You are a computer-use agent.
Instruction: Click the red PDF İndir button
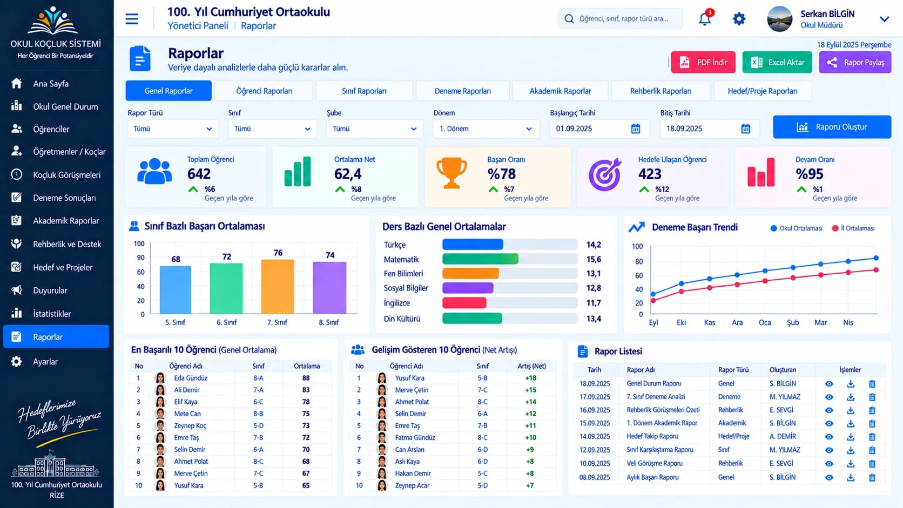point(703,62)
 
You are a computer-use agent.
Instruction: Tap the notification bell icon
point(705,19)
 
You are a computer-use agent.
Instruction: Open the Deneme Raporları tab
point(462,91)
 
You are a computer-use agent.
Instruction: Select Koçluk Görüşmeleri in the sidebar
point(66,175)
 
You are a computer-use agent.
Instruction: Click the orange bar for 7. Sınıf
point(278,287)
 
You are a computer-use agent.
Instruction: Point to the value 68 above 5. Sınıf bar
point(176,259)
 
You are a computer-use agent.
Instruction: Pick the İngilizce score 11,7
point(594,303)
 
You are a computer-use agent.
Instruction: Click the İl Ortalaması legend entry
point(853,228)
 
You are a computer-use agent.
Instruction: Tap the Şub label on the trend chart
point(792,322)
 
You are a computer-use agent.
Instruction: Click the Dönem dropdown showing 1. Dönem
point(486,129)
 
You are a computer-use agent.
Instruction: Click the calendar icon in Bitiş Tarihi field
point(745,128)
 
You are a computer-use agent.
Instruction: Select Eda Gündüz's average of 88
point(306,378)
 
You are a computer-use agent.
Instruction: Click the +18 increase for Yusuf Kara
point(530,378)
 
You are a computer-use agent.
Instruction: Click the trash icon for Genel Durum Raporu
point(872,384)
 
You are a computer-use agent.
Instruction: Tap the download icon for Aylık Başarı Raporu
point(851,477)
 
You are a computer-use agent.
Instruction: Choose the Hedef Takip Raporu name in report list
point(652,436)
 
